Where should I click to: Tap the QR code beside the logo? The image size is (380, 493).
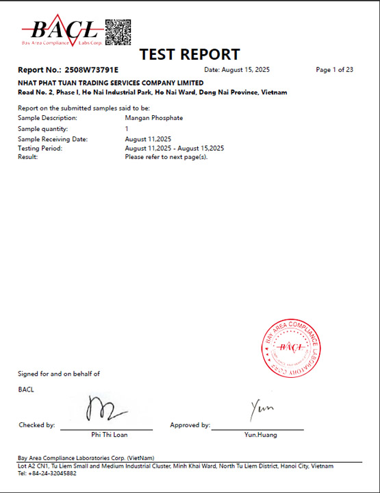(117, 30)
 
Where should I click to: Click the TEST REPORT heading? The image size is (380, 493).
(190, 54)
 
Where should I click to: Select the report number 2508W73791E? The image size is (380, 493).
(91, 70)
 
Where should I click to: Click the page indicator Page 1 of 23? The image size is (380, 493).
(334, 70)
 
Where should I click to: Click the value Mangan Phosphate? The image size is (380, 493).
(154, 118)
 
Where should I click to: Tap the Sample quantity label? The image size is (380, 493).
(43, 128)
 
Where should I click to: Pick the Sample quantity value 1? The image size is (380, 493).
(127, 128)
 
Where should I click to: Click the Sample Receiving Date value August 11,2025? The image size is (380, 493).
(148, 139)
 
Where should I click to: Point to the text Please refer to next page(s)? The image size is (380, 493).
(166, 157)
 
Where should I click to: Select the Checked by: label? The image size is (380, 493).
(36, 425)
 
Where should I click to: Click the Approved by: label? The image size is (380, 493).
(190, 425)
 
